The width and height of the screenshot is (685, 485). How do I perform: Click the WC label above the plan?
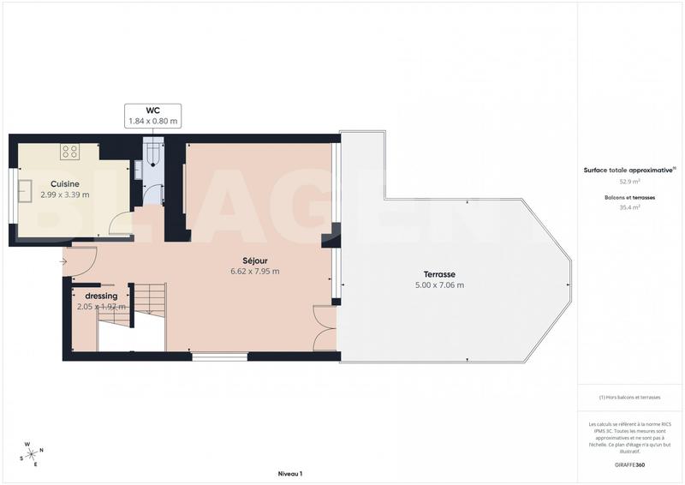(154, 110)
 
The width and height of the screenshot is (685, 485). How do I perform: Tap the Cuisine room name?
(65, 184)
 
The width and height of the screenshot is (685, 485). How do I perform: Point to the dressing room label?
(101, 296)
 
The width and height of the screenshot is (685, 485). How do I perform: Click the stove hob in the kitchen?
(70, 152)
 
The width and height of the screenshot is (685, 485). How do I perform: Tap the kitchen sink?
(27, 190)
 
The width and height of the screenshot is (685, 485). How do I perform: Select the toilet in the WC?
(153, 153)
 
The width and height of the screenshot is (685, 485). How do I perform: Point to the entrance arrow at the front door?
(63, 261)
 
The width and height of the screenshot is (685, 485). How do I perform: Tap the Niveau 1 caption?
(290, 474)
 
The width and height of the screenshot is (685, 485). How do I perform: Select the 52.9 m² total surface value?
(630, 182)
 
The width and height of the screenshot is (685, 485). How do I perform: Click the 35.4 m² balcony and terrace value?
(630, 207)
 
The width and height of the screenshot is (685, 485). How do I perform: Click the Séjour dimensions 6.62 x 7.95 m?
(254, 272)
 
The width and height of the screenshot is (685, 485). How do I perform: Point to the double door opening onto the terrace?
(325, 329)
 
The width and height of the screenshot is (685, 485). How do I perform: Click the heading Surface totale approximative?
(628, 171)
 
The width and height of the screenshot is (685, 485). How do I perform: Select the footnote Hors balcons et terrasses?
(630, 398)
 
